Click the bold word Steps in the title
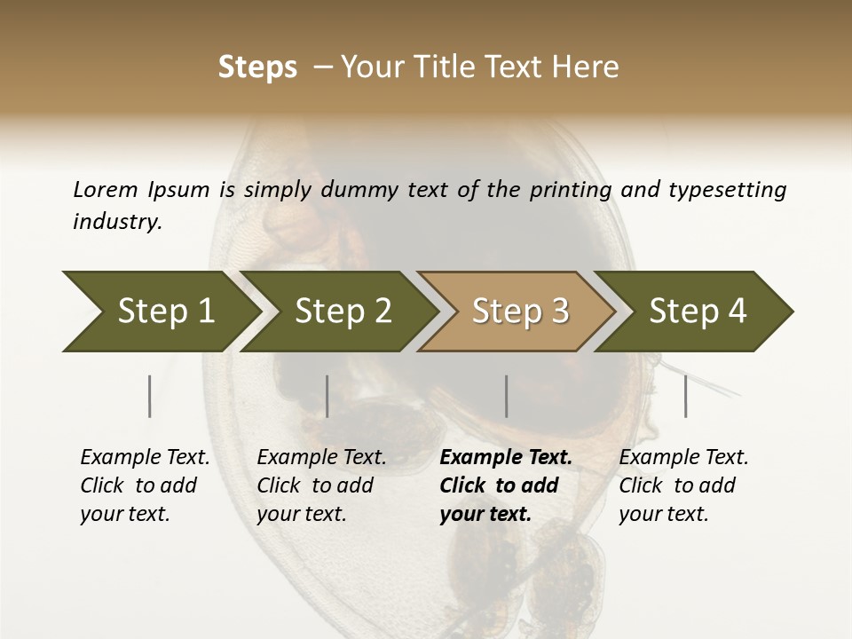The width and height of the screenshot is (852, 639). click(257, 67)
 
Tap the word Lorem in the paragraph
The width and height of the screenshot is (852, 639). click(106, 189)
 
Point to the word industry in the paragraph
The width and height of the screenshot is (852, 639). click(117, 222)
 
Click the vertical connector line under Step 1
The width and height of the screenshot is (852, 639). click(150, 396)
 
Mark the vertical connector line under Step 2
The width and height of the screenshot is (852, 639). click(327, 396)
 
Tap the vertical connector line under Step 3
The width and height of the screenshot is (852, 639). click(506, 396)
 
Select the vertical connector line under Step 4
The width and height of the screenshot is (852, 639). click(685, 396)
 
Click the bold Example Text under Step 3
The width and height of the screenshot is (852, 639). click(506, 458)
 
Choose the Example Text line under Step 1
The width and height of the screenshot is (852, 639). click(145, 458)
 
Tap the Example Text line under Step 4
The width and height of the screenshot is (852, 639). click(683, 458)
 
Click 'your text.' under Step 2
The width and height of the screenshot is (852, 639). click(302, 514)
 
